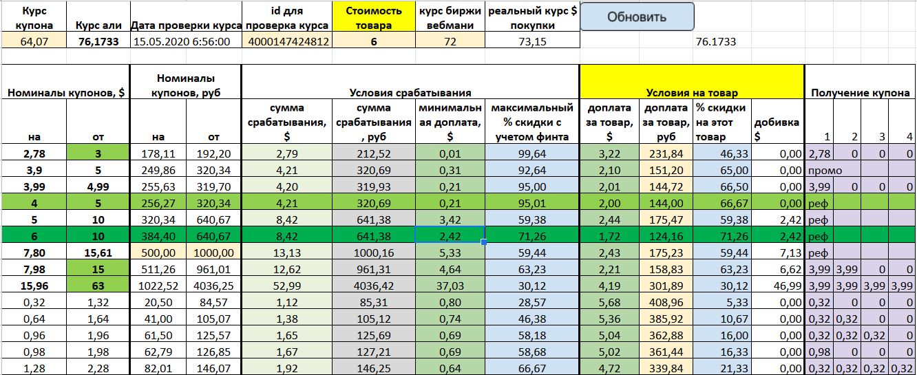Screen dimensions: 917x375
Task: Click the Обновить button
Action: tap(637, 17)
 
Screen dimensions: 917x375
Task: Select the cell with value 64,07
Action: tap(34, 41)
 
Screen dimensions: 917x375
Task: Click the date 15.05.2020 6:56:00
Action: tap(182, 41)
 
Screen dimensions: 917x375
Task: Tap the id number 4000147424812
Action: tap(288, 41)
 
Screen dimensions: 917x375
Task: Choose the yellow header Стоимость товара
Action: tap(373, 17)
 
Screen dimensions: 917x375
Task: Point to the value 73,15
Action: tap(532, 41)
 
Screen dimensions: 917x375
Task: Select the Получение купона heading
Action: tap(860, 93)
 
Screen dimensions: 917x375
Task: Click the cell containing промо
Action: tap(825, 171)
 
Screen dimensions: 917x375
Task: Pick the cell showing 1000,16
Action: tap(373, 253)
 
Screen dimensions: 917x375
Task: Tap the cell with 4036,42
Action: tap(373, 286)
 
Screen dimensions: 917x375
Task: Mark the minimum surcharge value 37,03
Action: tap(450, 286)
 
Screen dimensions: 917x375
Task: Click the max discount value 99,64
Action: tap(532, 153)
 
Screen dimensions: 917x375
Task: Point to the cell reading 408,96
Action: tap(666, 302)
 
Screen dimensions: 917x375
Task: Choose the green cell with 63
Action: tap(98, 286)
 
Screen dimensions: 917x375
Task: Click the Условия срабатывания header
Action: tap(410, 93)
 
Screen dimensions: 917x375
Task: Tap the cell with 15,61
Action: tap(98, 253)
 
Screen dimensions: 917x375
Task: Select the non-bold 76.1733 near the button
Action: tap(715, 41)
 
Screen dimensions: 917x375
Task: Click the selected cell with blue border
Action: tap(450, 236)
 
